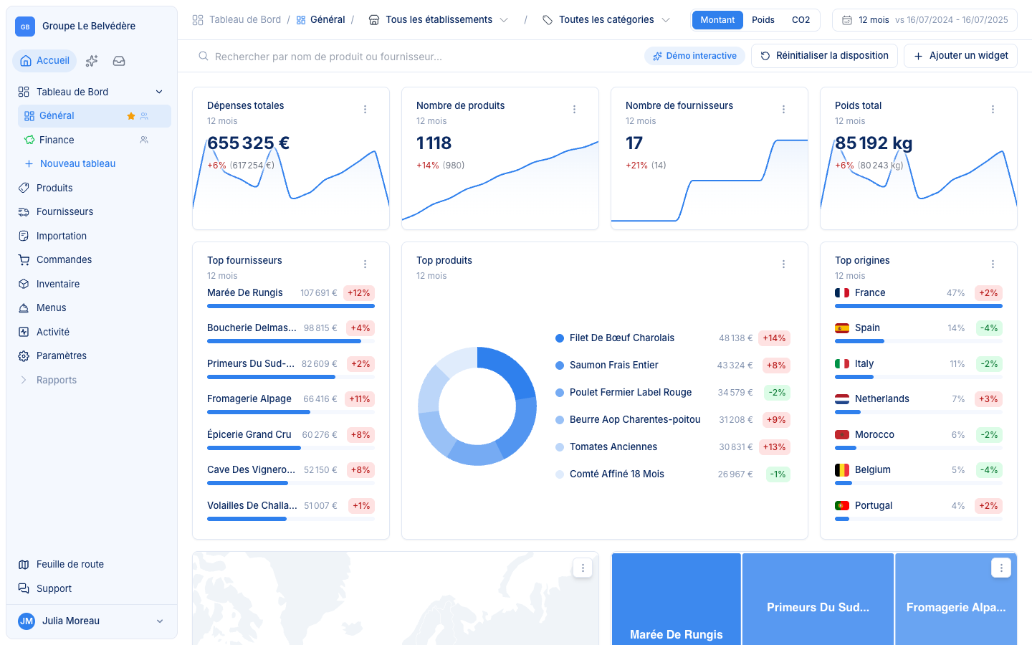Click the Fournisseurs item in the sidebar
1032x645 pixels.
(x=64, y=211)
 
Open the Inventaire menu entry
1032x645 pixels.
(x=57, y=284)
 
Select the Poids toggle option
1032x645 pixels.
(x=763, y=20)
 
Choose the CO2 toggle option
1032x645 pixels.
(x=801, y=20)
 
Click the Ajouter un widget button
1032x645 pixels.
(x=960, y=56)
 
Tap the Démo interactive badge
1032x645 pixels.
(x=694, y=56)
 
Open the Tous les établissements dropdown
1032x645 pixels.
(x=438, y=20)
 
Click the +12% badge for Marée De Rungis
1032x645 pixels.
(x=359, y=293)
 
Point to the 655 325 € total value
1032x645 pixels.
(x=248, y=143)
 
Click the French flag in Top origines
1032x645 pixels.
(x=841, y=292)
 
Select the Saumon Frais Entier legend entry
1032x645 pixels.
(x=613, y=365)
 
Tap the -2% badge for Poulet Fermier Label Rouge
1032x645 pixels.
(x=777, y=393)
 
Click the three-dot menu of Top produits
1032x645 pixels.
(x=783, y=264)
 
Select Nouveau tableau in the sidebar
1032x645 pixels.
(x=77, y=163)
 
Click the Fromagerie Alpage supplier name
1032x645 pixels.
(x=249, y=399)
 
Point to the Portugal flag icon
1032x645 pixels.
(x=841, y=505)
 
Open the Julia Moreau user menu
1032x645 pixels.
(x=91, y=621)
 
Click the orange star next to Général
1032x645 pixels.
(x=131, y=116)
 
